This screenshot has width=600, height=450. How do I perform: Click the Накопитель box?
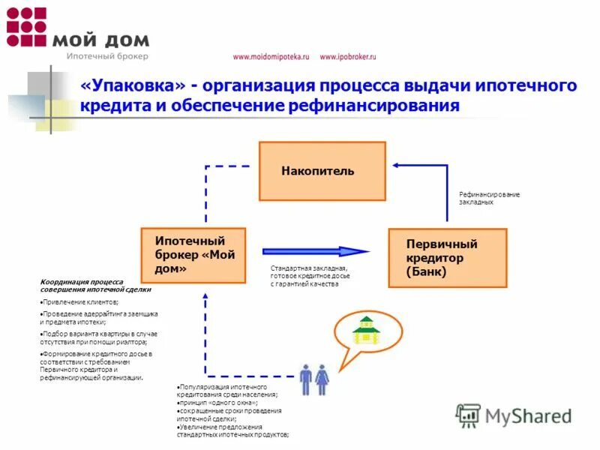click(x=322, y=171)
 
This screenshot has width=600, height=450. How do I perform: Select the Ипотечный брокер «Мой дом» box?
click(x=193, y=255)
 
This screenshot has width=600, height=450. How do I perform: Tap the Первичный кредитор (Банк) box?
click(x=447, y=258)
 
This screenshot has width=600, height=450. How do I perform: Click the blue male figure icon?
click(x=307, y=379)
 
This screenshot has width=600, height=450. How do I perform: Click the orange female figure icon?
click(x=322, y=379)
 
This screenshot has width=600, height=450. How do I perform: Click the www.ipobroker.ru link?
click(x=347, y=57)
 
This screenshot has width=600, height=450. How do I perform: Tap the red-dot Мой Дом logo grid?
click(x=26, y=27)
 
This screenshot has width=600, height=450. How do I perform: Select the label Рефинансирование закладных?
click(x=489, y=198)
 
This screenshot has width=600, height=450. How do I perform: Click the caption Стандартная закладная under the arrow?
click(x=308, y=268)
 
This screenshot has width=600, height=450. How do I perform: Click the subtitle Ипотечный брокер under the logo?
click(x=107, y=56)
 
